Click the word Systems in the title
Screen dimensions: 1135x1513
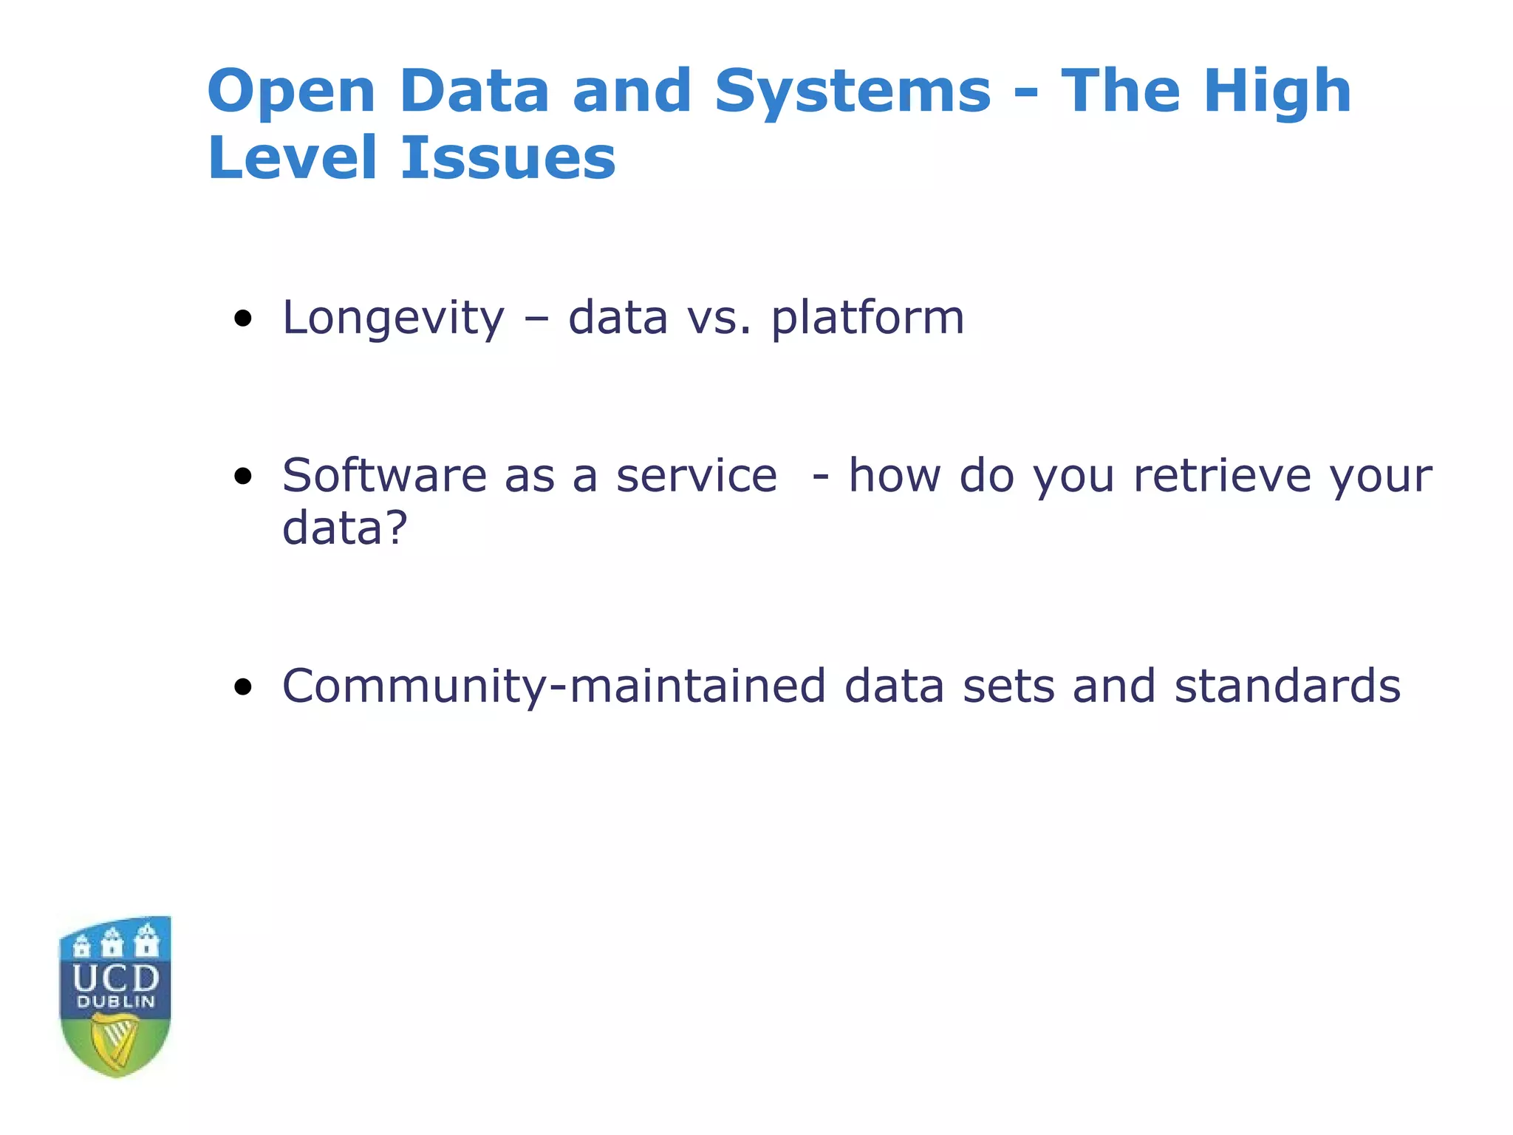click(x=852, y=92)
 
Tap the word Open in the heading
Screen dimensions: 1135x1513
click(x=291, y=92)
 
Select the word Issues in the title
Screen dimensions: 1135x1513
click(x=508, y=158)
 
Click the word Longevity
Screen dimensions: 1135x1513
click(x=393, y=318)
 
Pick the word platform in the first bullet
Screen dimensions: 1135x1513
click(x=867, y=318)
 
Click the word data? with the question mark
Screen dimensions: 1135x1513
click(x=344, y=528)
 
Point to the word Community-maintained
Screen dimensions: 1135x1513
click(x=553, y=686)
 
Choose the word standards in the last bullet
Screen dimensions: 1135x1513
click(x=1287, y=686)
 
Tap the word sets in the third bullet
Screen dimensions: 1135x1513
click(x=1008, y=686)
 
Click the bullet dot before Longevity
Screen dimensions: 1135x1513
click(x=242, y=320)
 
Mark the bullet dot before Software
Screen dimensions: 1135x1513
click(x=242, y=477)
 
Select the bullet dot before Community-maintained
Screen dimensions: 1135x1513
click(x=242, y=688)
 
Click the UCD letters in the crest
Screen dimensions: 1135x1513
click(x=116, y=978)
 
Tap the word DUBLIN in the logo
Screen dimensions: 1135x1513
click(x=116, y=1003)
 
